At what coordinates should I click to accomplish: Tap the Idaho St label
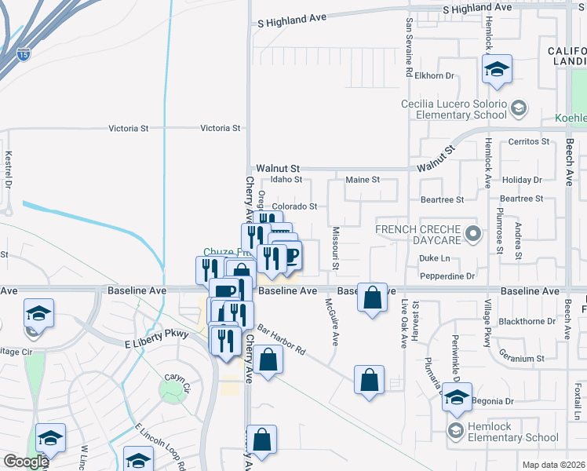pos(287,179)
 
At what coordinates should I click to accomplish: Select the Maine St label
pos(363,180)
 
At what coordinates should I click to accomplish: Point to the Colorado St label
pos(294,207)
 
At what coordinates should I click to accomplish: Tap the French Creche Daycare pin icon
pos(472,233)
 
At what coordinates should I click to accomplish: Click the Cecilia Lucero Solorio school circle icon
pos(518,108)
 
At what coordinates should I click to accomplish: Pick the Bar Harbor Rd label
pos(281,338)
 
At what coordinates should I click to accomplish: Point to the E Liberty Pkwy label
pos(157,343)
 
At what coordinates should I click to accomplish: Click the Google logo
pos(25,462)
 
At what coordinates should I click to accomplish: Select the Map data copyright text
pos(553,465)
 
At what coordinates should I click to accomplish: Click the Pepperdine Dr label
pos(447,276)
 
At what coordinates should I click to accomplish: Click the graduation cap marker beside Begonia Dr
pos(456,397)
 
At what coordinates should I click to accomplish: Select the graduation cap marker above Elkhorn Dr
pos(496,69)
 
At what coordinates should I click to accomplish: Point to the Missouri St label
pos(335,249)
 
